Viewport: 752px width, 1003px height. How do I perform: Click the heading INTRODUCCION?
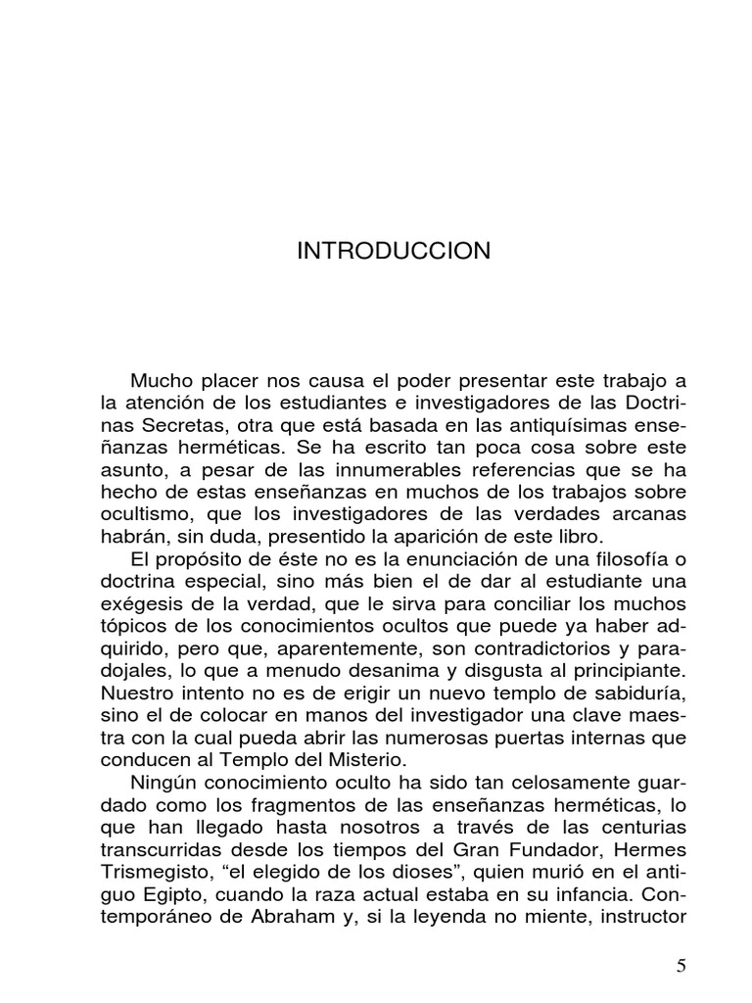394,252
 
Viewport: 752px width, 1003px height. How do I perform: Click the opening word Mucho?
162,381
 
